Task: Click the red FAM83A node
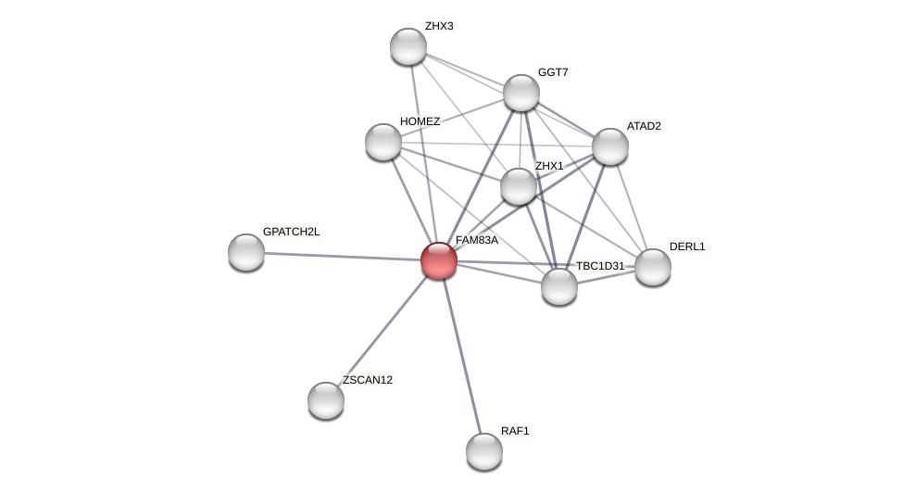439,260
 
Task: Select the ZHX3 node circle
408,46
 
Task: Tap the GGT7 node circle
521,93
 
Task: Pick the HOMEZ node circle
383,142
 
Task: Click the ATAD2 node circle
610,146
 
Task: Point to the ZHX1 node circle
519,186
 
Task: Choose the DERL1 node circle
653,267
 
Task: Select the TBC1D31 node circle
559,286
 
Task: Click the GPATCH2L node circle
246,252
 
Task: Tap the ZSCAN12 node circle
326,400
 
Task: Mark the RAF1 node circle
484,451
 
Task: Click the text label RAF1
515,431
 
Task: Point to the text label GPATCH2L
291,232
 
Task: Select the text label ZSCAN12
368,380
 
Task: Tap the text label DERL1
687,246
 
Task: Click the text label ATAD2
644,126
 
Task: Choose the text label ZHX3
439,26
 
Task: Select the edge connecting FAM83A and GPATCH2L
343,257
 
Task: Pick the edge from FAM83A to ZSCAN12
383,331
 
